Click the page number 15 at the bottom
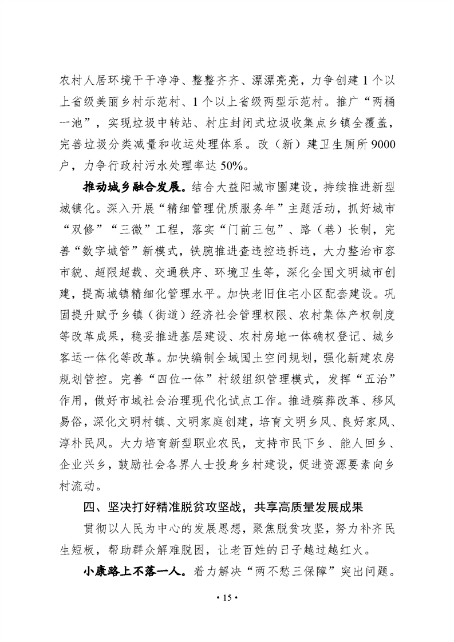tap(226, 597)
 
